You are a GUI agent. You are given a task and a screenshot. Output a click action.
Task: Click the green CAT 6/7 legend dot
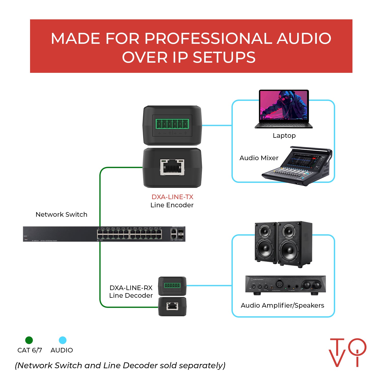(x=29, y=340)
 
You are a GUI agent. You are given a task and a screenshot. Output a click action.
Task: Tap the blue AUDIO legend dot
(x=63, y=340)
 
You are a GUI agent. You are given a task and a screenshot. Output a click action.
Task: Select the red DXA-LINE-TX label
(x=172, y=197)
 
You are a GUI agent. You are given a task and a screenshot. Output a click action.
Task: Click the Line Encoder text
(x=172, y=205)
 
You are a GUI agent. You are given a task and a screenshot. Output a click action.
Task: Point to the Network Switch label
(x=61, y=214)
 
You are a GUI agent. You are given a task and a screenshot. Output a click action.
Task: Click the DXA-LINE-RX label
(x=131, y=288)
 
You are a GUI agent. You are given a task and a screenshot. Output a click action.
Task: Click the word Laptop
(x=284, y=136)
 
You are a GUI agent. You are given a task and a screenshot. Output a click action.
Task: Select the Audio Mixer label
(x=259, y=158)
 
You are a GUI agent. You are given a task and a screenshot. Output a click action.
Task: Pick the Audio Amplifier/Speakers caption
(x=282, y=305)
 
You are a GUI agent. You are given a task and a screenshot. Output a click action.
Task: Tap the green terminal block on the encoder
(x=172, y=124)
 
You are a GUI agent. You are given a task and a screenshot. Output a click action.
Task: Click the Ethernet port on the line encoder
(x=172, y=167)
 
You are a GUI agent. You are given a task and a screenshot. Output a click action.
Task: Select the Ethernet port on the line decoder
(x=172, y=306)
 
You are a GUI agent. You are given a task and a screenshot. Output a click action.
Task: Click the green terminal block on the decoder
(x=172, y=285)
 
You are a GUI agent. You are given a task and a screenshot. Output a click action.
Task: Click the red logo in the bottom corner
(x=348, y=352)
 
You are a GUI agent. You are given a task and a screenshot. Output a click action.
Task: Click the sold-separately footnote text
(x=120, y=365)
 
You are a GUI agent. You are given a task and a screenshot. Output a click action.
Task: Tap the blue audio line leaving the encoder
(x=217, y=125)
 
